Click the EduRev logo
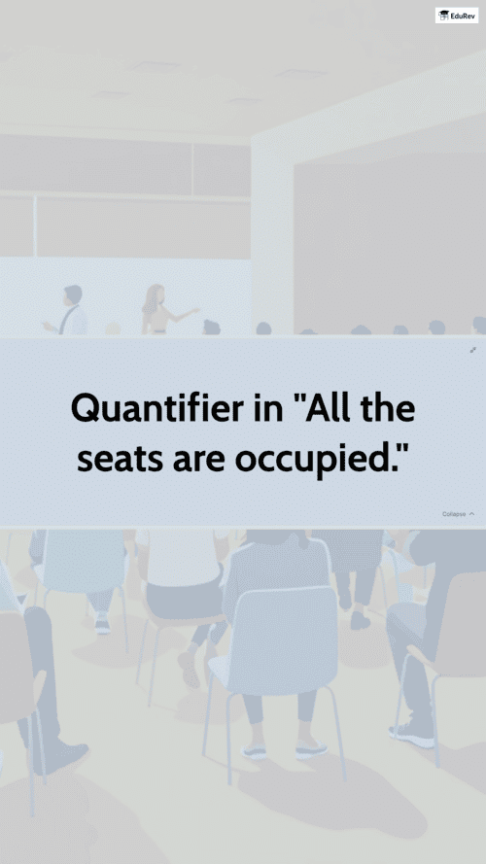[457, 16]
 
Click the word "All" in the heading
[328, 408]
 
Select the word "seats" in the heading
[120, 459]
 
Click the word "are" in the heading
[199, 462]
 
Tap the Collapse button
[458, 514]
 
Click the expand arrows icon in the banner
[472, 350]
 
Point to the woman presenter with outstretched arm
[158, 310]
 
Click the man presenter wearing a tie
[72, 311]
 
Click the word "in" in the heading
[269, 409]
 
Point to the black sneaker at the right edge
[410, 734]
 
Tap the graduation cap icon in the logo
[443, 16]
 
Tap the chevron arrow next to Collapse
[471, 514]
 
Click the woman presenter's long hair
[152, 299]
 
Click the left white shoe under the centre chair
[254, 750]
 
